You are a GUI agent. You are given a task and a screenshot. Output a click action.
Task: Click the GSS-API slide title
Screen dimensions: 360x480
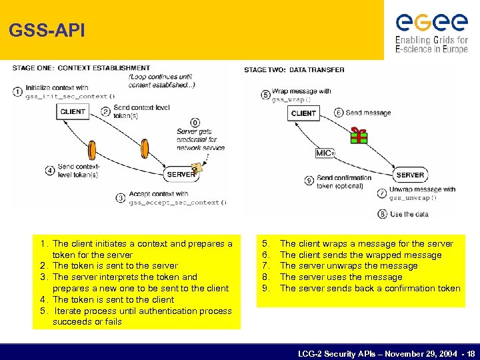pos(47,31)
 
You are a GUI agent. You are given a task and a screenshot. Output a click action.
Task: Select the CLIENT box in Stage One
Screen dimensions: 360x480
pos(73,112)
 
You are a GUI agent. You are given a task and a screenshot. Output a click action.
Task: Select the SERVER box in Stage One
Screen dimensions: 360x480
pos(181,174)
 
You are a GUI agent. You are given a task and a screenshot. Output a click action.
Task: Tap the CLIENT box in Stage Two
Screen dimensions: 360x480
pos(304,113)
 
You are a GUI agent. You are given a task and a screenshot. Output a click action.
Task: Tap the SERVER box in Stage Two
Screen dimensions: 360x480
pos(410,175)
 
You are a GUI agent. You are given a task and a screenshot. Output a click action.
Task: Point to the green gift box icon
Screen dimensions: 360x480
pos(359,135)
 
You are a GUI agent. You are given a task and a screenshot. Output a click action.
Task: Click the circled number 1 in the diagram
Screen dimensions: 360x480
pos(17,91)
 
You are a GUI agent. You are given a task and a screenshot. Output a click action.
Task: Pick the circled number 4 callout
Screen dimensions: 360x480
pos(50,170)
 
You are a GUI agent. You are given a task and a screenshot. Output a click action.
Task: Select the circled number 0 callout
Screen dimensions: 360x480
pos(195,123)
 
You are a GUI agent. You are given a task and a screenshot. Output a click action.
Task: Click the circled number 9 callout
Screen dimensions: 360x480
pos(309,181)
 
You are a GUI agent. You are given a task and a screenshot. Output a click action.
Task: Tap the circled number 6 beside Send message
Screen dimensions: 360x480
pos(339,113)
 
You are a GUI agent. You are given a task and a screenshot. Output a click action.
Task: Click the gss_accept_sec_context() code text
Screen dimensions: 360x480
pos(177,202)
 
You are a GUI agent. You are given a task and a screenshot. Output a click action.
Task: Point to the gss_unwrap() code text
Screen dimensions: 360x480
pos(413,198)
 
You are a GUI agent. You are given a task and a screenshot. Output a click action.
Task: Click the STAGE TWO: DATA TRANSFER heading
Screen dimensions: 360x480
pos(294,70)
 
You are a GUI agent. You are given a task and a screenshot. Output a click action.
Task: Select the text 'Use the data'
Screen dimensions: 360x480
pos(409,214)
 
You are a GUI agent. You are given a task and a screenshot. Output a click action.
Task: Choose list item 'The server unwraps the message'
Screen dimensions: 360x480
pos(349,266)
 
